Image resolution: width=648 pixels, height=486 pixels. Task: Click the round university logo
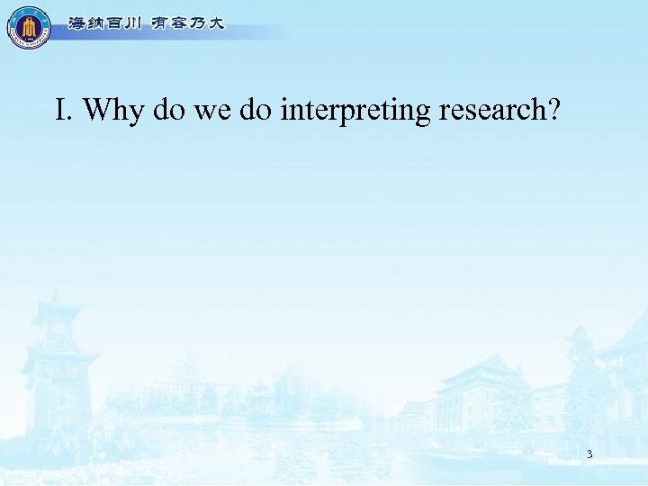29,27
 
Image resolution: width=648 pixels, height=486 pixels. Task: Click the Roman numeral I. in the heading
63,111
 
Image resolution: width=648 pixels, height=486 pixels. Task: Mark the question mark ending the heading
553,111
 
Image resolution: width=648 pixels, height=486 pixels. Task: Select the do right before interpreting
255,111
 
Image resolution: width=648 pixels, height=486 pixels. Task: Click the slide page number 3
589,454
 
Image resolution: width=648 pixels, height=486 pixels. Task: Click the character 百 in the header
109,24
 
